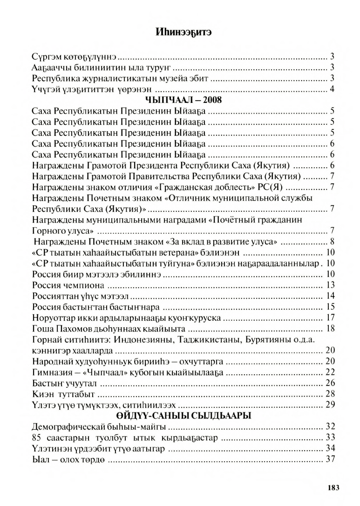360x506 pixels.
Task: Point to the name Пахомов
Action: click(x=74, y=329)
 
